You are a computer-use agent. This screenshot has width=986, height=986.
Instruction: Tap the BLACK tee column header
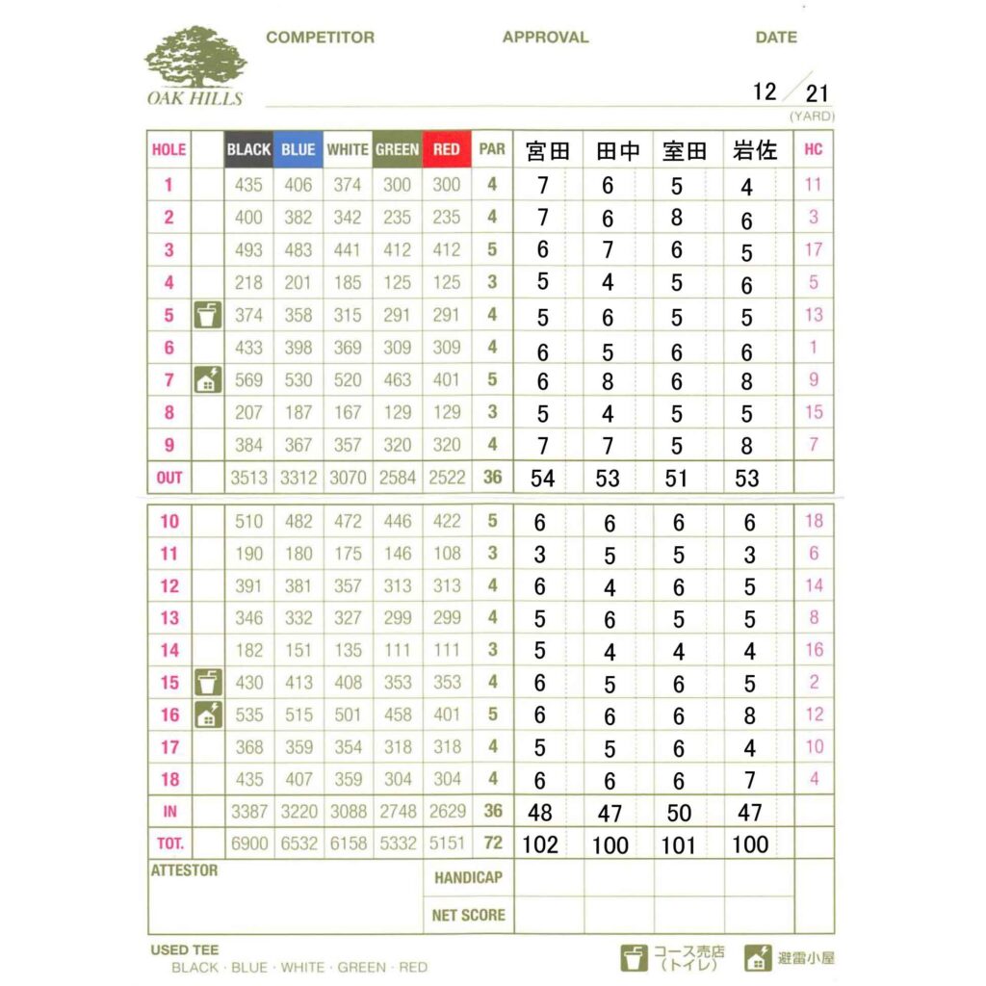click(x=248, y=150)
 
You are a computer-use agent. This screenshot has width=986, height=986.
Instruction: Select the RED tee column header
click(x=447, y=150)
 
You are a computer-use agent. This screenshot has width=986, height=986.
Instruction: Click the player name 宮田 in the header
click(x=548, y=150)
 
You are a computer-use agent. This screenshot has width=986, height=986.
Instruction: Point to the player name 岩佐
click(x=755, y=150)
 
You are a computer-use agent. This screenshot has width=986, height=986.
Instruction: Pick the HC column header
click(x=813, y=150)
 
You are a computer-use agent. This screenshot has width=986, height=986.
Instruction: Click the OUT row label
click(x=169, y=478)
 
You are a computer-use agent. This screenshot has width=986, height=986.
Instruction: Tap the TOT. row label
click(x=169, y=843)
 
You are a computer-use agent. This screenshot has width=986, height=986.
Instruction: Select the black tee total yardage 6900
click(x=248, y=843)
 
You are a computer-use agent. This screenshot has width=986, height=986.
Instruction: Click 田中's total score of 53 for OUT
click(x=608, y=478)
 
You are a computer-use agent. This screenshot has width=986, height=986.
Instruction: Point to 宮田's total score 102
click(x=540, y=844)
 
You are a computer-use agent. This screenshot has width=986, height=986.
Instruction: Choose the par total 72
click(x=492, y=843)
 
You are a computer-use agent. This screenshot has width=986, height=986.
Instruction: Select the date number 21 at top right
click(x=817, y=93)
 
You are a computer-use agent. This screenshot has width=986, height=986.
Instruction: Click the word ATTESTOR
click(x=185, y=870)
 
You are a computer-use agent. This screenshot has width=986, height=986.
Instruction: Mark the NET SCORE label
click(x=468, y=915)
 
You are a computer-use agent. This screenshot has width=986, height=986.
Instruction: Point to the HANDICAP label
click(x=469, y=877)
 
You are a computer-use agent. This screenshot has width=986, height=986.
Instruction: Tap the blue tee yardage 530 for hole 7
click(x=298, y=380)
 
